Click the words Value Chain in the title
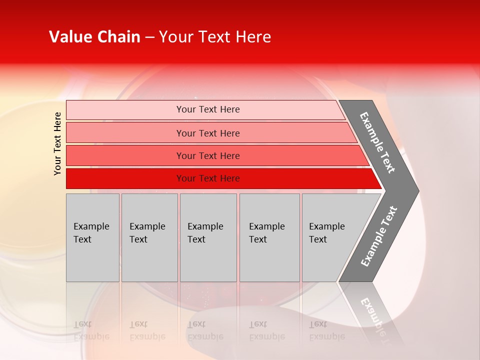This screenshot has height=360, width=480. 94,37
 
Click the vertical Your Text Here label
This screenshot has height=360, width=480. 57,143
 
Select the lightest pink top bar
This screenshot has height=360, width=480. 125,110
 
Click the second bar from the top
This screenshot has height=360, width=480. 125,133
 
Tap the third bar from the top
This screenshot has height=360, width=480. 125,155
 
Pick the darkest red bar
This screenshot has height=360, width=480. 125,178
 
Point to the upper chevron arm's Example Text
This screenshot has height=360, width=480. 377,142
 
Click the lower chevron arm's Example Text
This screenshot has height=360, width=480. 379,236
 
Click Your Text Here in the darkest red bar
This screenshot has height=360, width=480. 208,178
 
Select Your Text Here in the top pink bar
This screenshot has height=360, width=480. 208,109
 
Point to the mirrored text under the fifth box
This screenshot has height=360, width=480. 326,330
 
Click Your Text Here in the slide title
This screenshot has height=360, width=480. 215,37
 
